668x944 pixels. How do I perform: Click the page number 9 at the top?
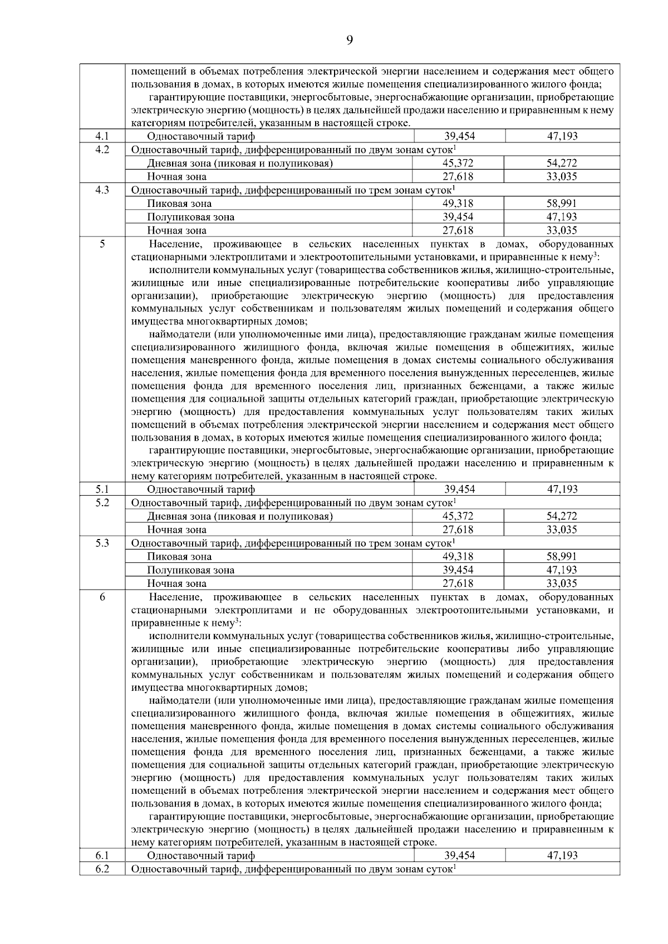[x=349, y=39]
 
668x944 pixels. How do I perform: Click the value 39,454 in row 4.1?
[x=459, y=136]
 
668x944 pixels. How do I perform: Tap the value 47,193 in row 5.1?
[x=562, y=490]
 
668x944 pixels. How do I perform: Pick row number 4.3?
[x=102, y=190]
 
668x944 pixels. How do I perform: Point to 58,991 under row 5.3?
[x=561, y=556]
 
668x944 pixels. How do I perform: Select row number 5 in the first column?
[x=102, y=244]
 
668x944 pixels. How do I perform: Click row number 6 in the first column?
[x=102, y=597]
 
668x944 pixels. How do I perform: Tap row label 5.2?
[x=102, y=503]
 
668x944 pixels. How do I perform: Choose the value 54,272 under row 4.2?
[x=561, y=164]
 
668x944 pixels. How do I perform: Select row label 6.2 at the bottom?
[x=102, y=869]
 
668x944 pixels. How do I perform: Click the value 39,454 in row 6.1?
[x=459, y=856]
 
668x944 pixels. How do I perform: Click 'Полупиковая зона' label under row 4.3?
[x=190, y=218]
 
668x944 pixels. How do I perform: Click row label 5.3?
[x=102, y=543]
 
